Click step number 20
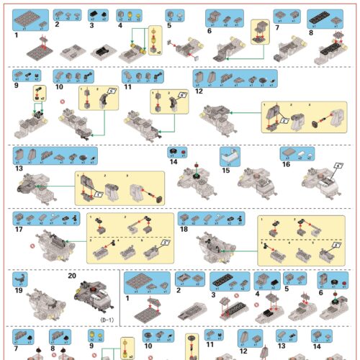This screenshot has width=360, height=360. tap(71, 275)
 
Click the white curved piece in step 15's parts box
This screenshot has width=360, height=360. tap(230, 153)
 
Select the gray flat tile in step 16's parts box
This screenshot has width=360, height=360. tap(288, 152)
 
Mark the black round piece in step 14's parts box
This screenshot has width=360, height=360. tap(173, 152)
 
